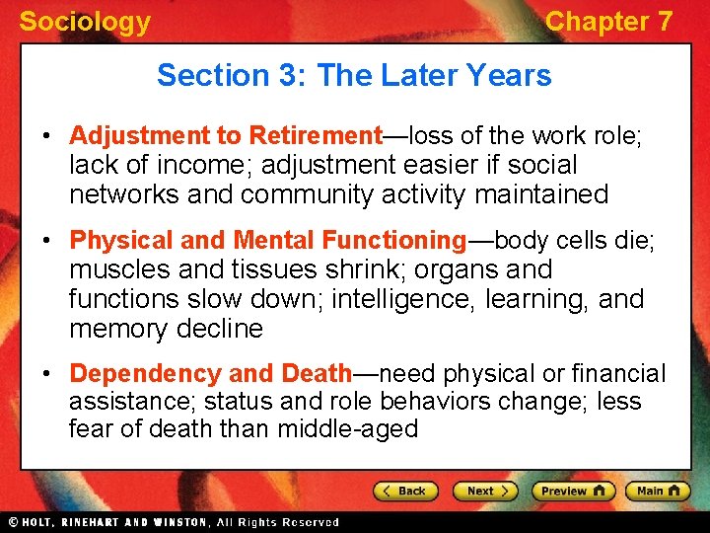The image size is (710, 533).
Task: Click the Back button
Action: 404,491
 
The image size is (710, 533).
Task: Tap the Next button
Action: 484,491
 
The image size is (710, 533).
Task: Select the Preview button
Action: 572,491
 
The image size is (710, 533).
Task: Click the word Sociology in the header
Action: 85,22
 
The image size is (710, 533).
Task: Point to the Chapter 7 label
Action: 608,22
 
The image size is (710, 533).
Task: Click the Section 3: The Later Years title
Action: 354,75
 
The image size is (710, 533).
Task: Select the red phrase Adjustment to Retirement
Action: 226,135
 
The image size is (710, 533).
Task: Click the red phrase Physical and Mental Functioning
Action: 267,240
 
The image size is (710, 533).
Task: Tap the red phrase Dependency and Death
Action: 211,373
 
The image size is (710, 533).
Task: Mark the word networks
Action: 121,194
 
